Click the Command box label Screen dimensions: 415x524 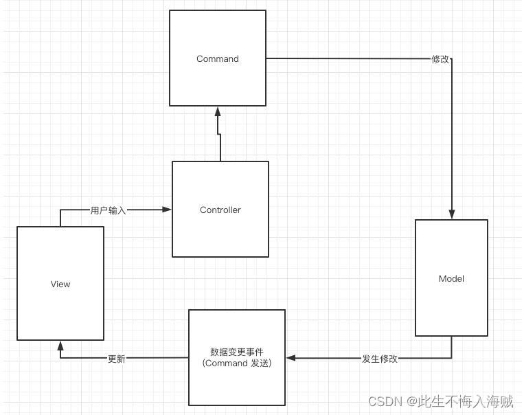(x=218, y=59)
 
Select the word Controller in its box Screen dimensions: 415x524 (x=220, y=210)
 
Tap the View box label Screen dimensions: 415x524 (x=60, y=284)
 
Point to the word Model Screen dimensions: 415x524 (x=451, y=279)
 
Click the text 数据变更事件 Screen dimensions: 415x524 (x=237, y=351)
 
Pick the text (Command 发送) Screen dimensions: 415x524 (x=237, y=363)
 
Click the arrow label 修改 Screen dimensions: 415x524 (x=440, y=59)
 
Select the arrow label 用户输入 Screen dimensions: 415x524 (x=109, y=210)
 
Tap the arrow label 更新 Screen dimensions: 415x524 (x=117, y=359)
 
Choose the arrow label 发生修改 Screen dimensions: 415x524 (x=379, y=359)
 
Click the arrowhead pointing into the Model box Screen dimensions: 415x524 (x=452, y=214)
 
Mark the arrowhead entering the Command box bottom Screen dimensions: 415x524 (x=218, y=111)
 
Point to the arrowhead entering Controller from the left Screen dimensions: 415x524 (x=167, y=210)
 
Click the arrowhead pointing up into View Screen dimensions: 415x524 (x=60, y=346)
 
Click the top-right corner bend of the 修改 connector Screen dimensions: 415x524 (x=452, y=59)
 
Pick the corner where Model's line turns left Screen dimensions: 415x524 (x=452, y=358)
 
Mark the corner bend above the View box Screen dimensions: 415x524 (x=60, y=210)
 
